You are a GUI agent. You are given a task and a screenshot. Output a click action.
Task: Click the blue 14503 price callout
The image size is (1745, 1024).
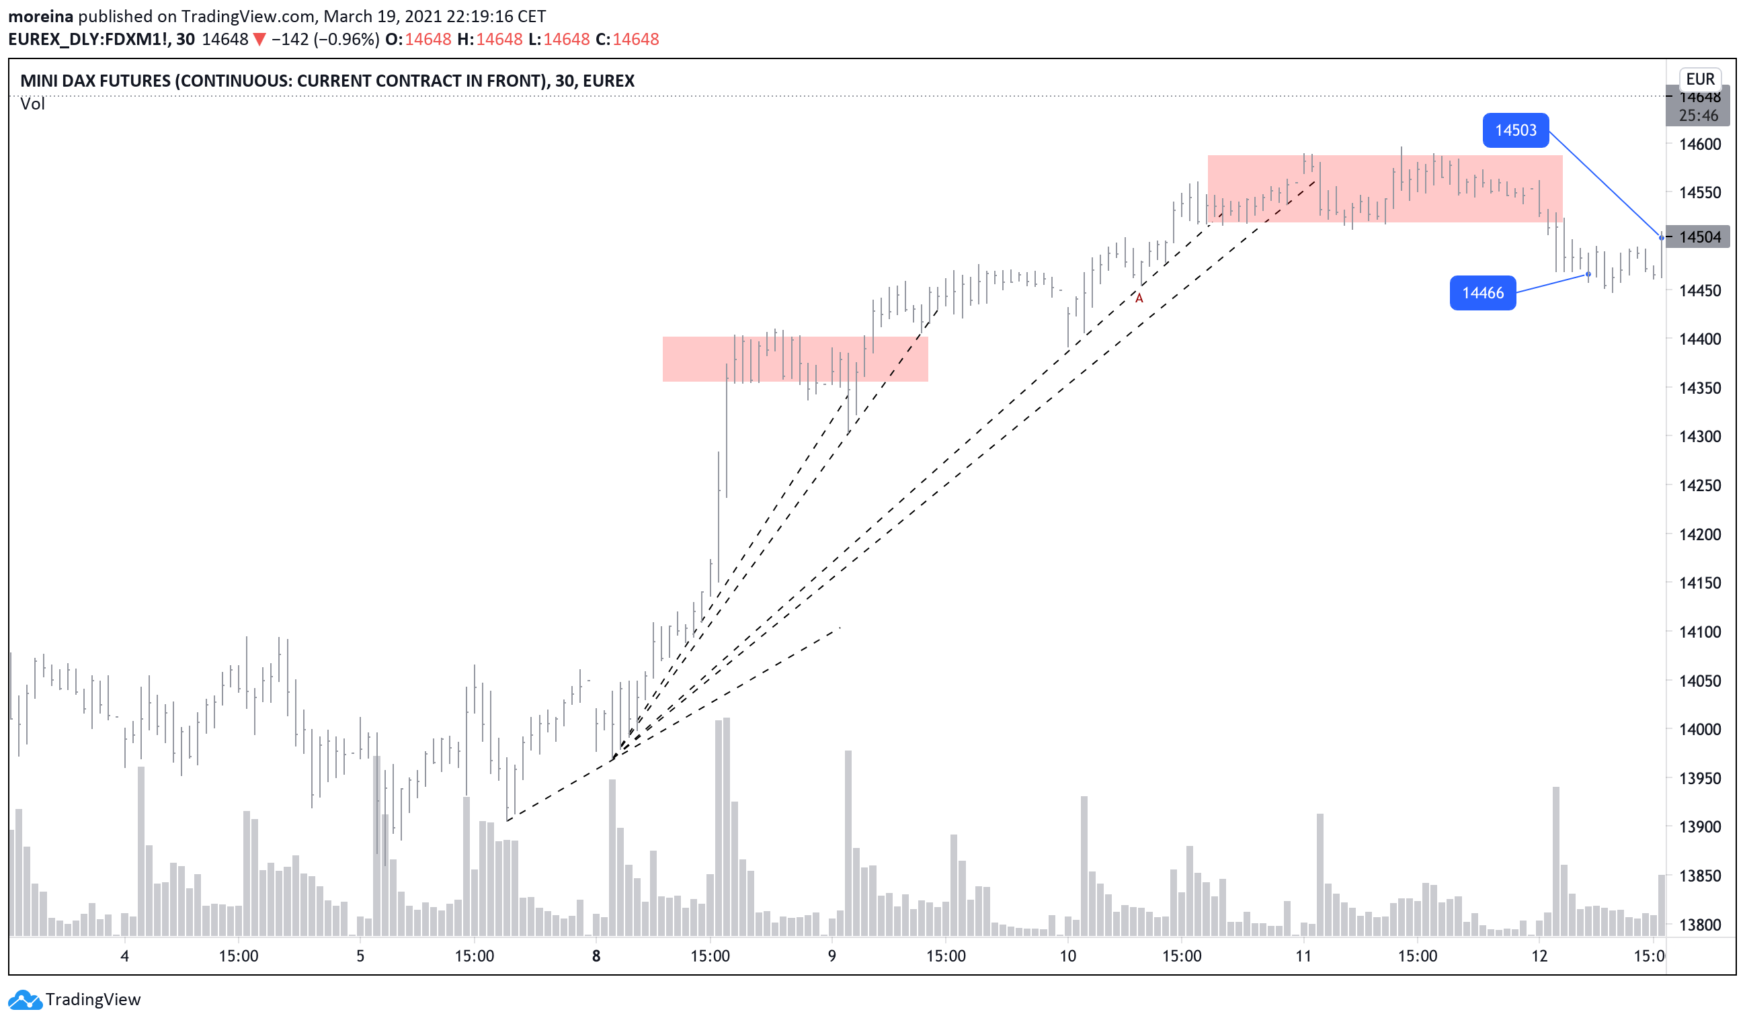(x=1514, y=130)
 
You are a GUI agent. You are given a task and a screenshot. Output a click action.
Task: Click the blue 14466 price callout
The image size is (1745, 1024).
(x=1482, y=293)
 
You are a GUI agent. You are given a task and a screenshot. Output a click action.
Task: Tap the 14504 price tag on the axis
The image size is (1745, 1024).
(x=1699, y=237)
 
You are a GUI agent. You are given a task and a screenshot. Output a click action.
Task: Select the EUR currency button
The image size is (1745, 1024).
(x=1699, y=79)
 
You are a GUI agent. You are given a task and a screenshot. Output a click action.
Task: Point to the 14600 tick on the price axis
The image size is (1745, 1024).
(x=1699, y=144)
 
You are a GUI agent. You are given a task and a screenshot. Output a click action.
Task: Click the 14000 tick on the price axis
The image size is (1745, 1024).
(x=1699, y=730)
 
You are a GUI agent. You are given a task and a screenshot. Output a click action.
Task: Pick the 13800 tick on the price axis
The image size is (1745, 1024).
(x=1699, y=925)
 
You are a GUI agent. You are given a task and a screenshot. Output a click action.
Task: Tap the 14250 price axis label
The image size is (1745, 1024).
(x=1699, y=485)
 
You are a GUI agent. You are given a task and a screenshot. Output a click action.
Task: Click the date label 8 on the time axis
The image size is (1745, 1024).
(x=596, y=957)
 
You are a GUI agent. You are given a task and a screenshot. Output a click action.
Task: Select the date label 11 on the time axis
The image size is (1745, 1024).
(x=1303, y=957)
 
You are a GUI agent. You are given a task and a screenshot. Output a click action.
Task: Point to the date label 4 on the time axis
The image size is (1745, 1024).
(x=124, y=957)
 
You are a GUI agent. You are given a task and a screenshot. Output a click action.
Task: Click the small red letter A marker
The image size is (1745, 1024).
(x=1139, y=298)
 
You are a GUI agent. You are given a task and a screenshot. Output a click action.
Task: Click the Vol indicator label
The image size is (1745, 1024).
(x=32, y=104)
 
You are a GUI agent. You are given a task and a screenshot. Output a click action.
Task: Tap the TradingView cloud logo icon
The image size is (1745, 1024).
(x=25, y=1000)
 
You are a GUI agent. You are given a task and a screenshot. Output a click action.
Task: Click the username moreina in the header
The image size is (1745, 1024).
(x=40, y=16)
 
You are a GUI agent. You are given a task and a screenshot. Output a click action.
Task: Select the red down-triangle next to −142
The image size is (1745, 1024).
(x=259, y=40)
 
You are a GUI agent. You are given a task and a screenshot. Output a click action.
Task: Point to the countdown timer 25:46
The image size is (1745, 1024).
(x=1698, y=116)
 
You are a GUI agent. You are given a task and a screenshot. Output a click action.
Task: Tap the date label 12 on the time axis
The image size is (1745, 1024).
(x=1539, y=957)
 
